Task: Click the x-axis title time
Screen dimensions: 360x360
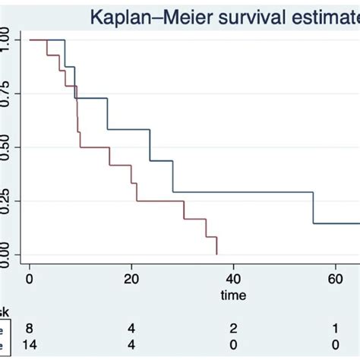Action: [x=234, y=294]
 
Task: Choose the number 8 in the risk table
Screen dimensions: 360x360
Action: [x=30, y=327]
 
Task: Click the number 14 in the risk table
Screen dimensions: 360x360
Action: [x=30, y=345]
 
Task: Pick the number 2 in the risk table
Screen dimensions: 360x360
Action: [x=234, y=327]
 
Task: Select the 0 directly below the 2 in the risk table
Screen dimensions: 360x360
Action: [x=234, y=345]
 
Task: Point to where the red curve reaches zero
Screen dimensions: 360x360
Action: [x=217, y=254]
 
